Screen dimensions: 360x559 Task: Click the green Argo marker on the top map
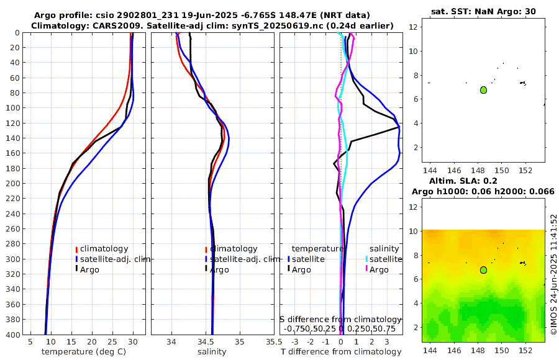483,90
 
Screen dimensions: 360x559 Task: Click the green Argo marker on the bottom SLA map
483,270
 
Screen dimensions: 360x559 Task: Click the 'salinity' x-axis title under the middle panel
212,352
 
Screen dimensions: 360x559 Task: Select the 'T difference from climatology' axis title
341,352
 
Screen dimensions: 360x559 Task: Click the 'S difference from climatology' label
341,319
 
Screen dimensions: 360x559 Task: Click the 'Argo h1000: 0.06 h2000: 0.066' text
483,191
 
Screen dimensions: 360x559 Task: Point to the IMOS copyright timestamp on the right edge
553,275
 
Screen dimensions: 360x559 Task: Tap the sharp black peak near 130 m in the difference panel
399,128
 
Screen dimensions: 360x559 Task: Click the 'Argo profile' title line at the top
202,14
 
